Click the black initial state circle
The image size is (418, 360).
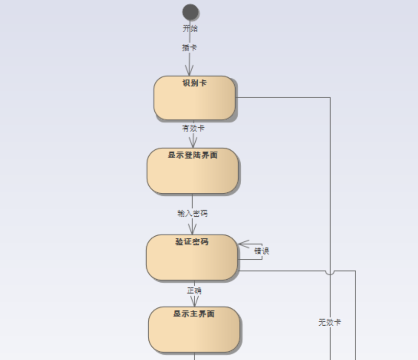(x=190, y=12)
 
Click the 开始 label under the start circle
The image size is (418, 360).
(x=190, y=29)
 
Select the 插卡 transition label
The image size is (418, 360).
(x=189, y=48)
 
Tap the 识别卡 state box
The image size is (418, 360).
(x=194, y=102)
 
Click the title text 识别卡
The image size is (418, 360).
(x=194, y=83)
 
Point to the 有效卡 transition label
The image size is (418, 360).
(x=193, y=128)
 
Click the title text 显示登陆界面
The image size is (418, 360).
(x=193, y=155)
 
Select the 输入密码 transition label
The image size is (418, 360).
(x=192, y=213)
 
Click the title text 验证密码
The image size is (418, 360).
(x=192, y=242)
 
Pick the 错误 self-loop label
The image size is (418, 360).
(x=262, y=251)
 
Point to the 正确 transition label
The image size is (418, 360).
(x=194, y=290)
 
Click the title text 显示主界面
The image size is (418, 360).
(x=194, y=313)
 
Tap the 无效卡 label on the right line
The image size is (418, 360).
(x=330, y=322)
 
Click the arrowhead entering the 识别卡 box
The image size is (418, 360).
(x=190, y=71)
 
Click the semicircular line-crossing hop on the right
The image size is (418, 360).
(x=330, y=272)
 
